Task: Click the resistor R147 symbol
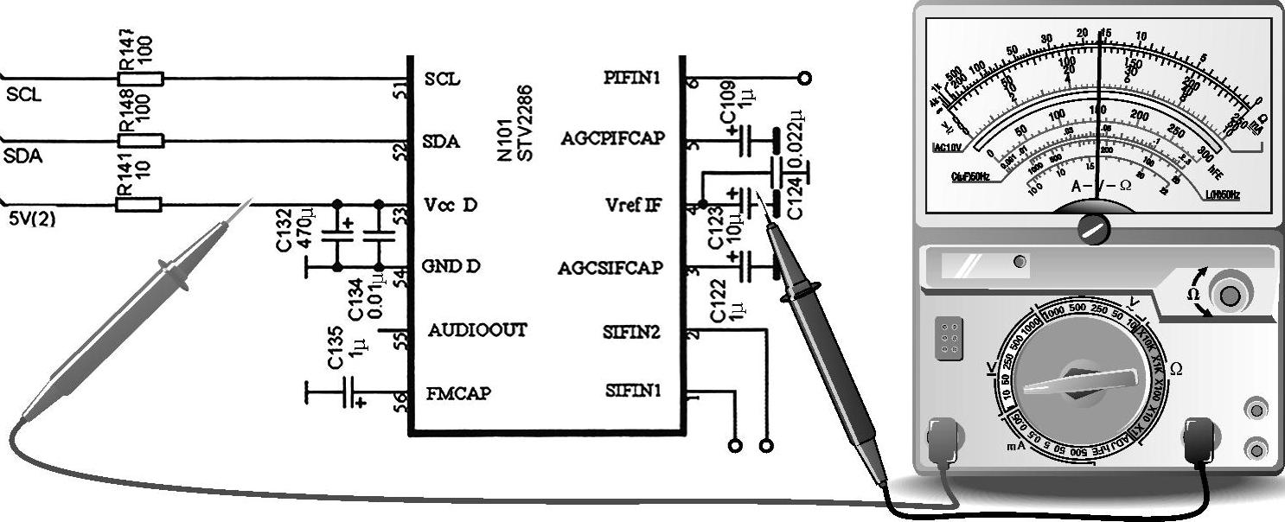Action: point(140,79)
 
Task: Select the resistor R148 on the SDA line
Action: point(140,140)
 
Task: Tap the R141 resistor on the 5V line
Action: point(139,205)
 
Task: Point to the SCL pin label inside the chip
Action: point(442,79)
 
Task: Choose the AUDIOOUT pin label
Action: point(476,330)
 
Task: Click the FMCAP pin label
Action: point(458,393)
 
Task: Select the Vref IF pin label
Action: point(633,205)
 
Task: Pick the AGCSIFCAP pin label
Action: point(611,268)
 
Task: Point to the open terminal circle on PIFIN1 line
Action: point(804,79)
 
